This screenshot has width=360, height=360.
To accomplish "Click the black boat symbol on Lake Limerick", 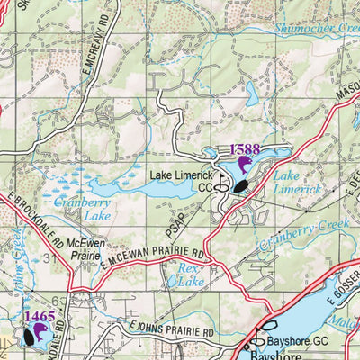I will [x=240, y=186].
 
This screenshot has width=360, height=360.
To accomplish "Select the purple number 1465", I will [x=40, y=316].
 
